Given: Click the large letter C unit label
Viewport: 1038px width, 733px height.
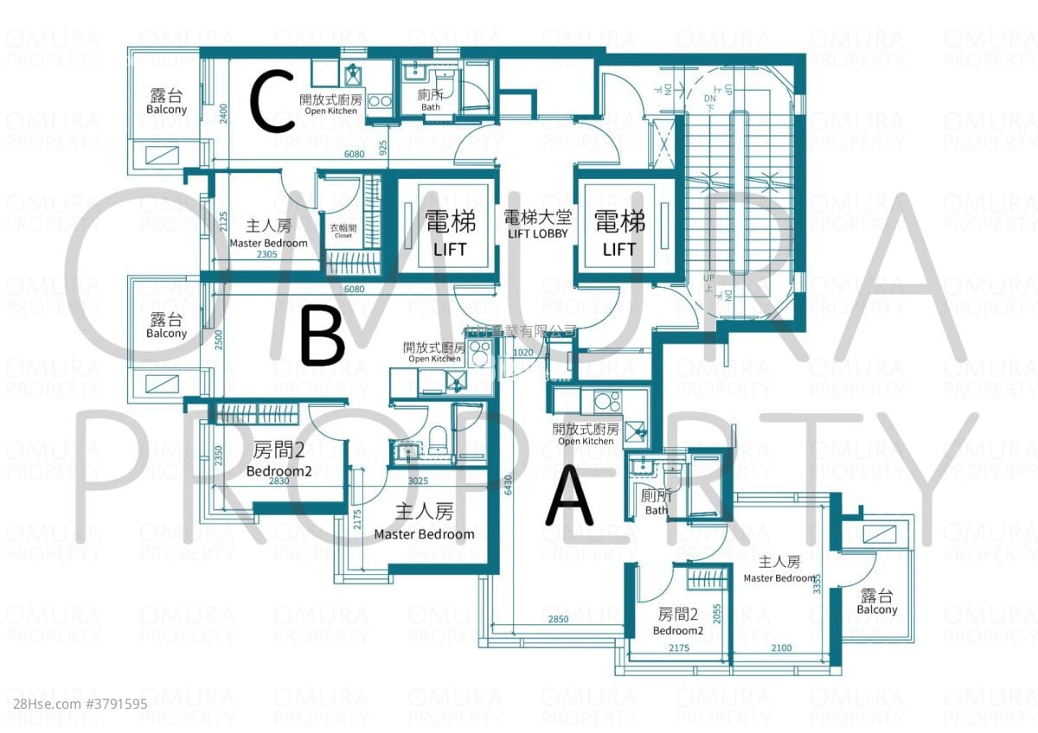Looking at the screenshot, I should pos(273,103).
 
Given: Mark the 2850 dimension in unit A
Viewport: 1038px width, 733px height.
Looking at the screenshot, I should pos(557,620).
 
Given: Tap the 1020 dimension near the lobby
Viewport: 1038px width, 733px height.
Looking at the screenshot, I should pos(522,352).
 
